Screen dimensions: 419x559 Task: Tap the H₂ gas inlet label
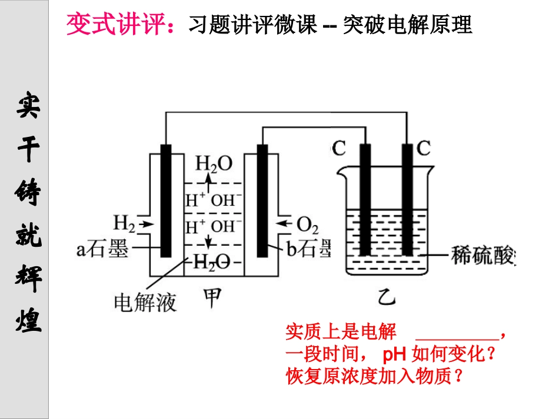tap(124, 223)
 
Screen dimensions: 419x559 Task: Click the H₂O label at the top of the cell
tap(214, 163)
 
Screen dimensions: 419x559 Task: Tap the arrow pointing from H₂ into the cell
tap(147, 223)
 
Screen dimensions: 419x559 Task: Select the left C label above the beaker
tap(338, 148)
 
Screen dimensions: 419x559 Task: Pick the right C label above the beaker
tap(424, 148)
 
